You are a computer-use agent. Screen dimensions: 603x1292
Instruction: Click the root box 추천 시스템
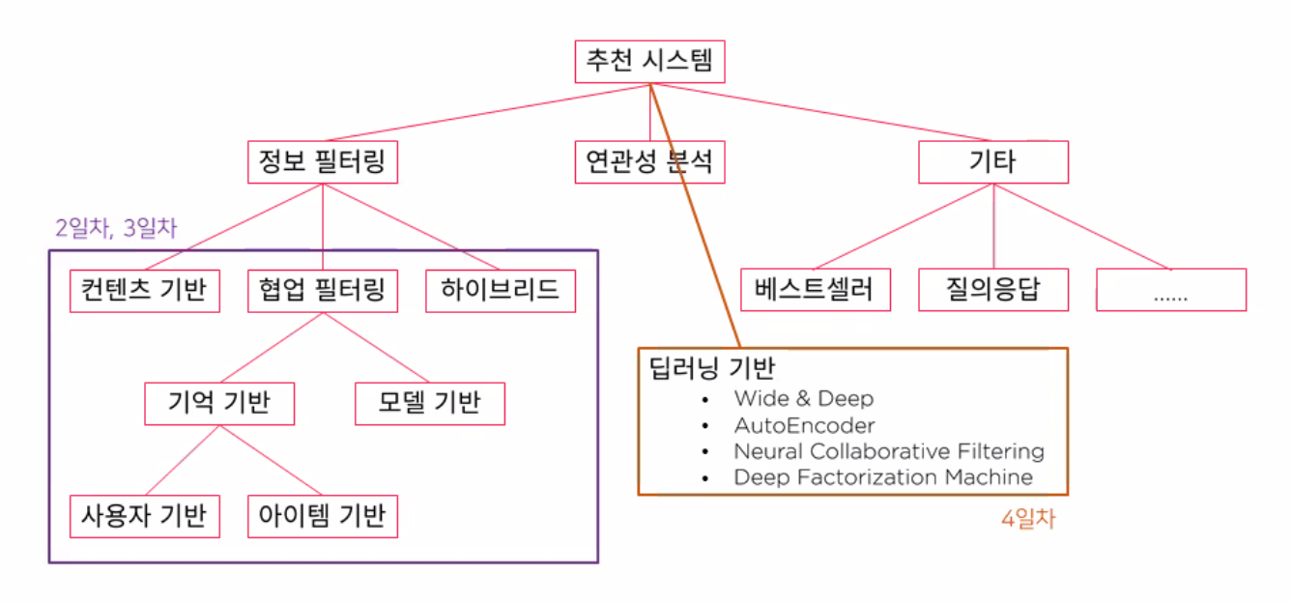(649, 63)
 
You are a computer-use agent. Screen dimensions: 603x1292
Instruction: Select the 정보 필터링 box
(322, 162)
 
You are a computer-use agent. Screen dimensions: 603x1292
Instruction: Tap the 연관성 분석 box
(649, 162)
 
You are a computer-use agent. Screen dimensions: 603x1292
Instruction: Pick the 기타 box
(992, 162)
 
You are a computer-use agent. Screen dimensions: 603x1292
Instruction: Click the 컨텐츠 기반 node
(145, 290)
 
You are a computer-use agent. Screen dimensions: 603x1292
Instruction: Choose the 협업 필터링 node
(322, 290)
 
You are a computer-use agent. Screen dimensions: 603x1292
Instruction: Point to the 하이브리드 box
(501, 290)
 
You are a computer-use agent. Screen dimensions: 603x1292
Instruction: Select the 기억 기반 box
(219, 404)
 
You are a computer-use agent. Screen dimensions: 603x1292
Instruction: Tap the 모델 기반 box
(429, 404)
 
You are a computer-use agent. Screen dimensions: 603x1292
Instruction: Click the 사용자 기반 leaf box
(145, 516)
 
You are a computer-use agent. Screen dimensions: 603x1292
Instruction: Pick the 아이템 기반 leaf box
(322, 516)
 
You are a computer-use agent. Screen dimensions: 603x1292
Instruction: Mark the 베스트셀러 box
(816, 290)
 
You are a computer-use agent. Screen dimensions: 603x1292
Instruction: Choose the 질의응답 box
(992, 290)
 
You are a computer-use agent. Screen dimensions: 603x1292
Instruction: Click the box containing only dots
(1170, 290)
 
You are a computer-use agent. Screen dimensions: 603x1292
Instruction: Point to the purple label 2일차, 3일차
(116, 229)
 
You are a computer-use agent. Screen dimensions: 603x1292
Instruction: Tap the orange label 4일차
(1028, 519)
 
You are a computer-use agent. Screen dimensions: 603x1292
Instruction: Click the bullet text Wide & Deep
(803, 398)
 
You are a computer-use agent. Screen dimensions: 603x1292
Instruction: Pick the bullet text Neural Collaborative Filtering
(888, 450)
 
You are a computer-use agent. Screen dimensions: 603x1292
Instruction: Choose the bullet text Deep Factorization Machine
(882, 477)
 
